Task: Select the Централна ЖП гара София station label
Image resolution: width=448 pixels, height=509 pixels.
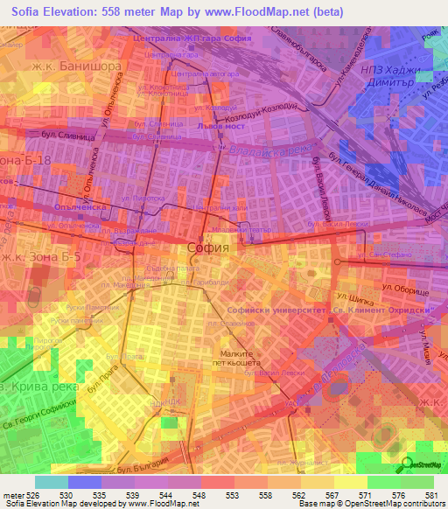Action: pos(191,39)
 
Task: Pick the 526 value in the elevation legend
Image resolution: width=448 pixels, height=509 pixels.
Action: pos(29,495)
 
